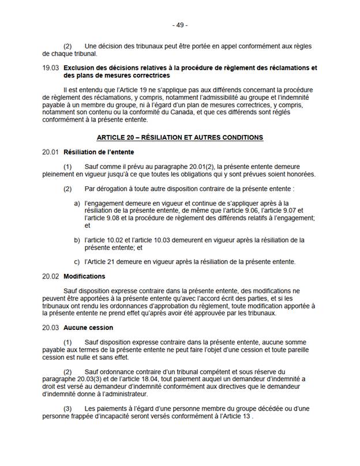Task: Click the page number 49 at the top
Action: [x=180, y=25]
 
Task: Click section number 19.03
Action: [x=51, y=68]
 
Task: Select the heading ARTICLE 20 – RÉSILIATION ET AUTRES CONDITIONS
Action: [x=180, y=137]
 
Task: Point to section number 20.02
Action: [x=51, y=276]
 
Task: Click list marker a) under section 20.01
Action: [x=77, y=204]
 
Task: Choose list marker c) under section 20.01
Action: [x=77, y=261]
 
